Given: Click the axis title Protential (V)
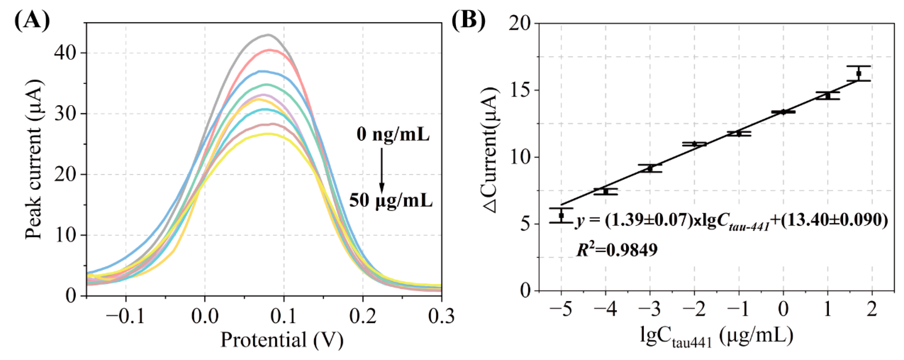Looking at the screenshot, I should tap(282, 340).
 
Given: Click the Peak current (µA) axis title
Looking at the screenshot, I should tap(34, 159).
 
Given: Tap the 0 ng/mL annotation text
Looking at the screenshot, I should tap(393, 134).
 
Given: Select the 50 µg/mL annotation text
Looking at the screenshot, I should tap(391, 201).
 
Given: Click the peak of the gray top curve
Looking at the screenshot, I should tap(269, 35).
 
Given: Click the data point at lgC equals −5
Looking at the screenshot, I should tap(561, 215).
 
